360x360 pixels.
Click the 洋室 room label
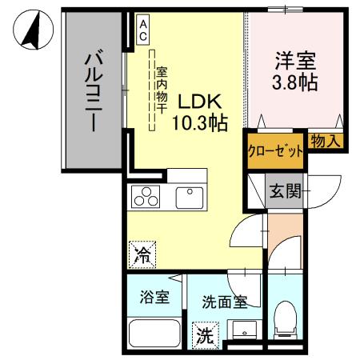296,60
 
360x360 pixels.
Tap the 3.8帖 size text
296,81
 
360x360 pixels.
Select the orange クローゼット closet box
275,151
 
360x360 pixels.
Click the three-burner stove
147,195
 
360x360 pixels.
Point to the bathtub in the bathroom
155,331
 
